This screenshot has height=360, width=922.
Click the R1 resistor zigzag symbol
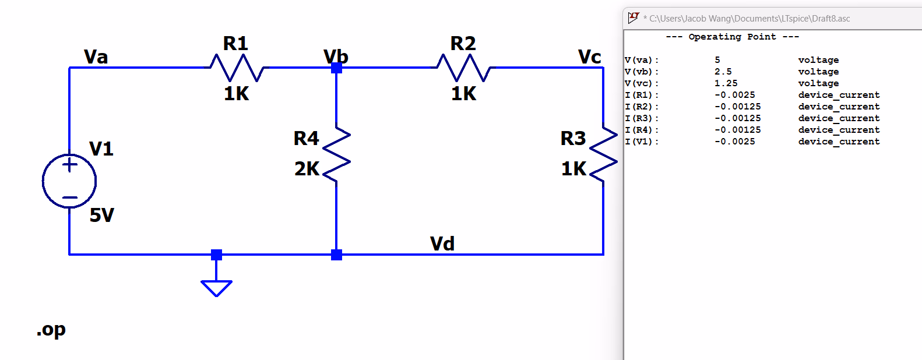(x=237, y=68)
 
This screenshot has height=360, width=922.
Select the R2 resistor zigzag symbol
(x=464, y=68)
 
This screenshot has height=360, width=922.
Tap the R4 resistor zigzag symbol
(x=336, y=154)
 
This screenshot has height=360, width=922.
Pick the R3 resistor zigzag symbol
(x=603, y=154)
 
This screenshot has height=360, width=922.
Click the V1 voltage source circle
(x=69, y=181)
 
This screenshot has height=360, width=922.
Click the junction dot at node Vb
(x=336, y=68)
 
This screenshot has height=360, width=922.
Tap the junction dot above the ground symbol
(x=216, y=255)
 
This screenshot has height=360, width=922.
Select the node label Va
(x=96, y=57)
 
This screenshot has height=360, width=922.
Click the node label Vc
(x=589, y=57)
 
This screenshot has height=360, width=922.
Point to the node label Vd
(x=442, y=243)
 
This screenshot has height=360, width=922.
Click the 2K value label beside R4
(x=307, y=169)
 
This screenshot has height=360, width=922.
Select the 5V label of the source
(x=102, y=216)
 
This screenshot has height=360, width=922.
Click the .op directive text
(x=51, y=330)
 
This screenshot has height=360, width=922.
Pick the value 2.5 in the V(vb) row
(x=723, y=72)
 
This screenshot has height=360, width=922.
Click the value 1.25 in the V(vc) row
(x=726, y=83)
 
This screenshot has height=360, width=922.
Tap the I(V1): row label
(x=641, y=142)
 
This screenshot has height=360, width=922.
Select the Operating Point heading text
(x=732, y=37)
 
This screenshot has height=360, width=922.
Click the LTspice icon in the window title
(x=634, y=18)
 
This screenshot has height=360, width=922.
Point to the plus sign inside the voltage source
(x=70, y=165)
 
